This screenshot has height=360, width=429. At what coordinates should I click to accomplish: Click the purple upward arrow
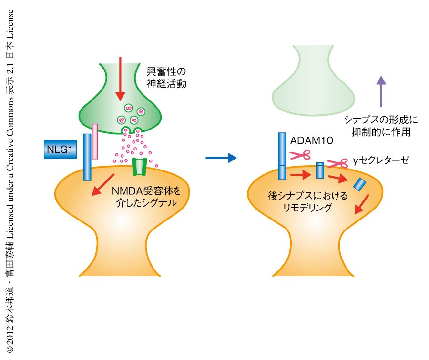380,91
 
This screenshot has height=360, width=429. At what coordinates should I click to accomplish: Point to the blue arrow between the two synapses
221,158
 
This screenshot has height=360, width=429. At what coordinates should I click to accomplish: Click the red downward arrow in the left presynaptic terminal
120,78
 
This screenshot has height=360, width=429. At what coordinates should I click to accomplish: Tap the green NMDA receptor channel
139,166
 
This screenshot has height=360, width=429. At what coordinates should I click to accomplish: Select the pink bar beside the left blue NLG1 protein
95,141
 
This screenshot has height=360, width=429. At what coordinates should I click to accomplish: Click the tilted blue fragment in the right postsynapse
359,183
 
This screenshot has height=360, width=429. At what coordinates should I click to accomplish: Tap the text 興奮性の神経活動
166,78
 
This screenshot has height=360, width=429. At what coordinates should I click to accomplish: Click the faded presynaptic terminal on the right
312,81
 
